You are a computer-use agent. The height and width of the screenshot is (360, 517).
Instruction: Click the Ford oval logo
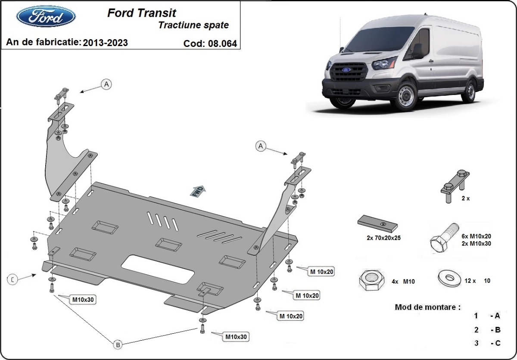46,16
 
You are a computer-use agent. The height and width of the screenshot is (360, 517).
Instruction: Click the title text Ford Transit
141,13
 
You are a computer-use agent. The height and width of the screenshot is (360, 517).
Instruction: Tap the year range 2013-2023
105,43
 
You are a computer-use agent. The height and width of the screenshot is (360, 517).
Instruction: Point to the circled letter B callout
117,344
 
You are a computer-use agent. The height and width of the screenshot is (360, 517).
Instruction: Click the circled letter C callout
13,280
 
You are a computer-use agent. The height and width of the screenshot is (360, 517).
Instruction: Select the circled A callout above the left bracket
106,84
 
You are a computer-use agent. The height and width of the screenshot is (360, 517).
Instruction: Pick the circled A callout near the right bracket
261,146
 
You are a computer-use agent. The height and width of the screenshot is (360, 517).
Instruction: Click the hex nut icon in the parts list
371,281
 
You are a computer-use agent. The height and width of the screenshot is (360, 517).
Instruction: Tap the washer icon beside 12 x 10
448,278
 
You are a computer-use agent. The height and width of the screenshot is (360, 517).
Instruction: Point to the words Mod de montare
427,307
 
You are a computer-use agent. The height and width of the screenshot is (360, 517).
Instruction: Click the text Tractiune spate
193,25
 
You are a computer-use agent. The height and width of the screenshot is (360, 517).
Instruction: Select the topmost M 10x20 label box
321,271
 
